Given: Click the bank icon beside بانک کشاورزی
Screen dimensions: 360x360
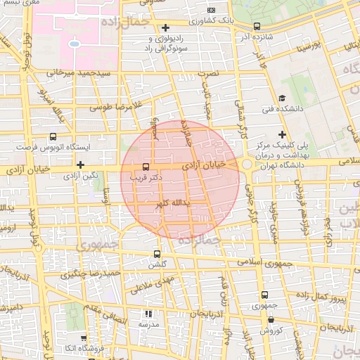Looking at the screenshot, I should [212, 10].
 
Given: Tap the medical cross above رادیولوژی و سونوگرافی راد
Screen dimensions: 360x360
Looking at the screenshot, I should [165, 27].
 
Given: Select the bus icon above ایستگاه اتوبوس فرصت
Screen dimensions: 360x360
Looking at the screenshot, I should [53, 137].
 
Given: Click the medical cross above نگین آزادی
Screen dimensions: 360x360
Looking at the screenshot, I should [82, 165].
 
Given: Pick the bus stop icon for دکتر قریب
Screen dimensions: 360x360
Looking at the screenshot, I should [146, 167].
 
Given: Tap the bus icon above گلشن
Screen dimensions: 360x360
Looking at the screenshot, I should [156, 254].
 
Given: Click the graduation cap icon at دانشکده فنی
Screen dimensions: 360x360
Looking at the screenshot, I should [282, 98].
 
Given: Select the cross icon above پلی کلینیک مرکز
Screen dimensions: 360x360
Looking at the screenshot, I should [282, 134].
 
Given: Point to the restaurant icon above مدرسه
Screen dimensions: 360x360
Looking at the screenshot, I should [148, 314].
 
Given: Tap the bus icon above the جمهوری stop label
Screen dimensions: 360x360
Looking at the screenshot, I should [264, 295].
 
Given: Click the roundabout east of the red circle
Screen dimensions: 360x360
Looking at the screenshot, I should [247, 165].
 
